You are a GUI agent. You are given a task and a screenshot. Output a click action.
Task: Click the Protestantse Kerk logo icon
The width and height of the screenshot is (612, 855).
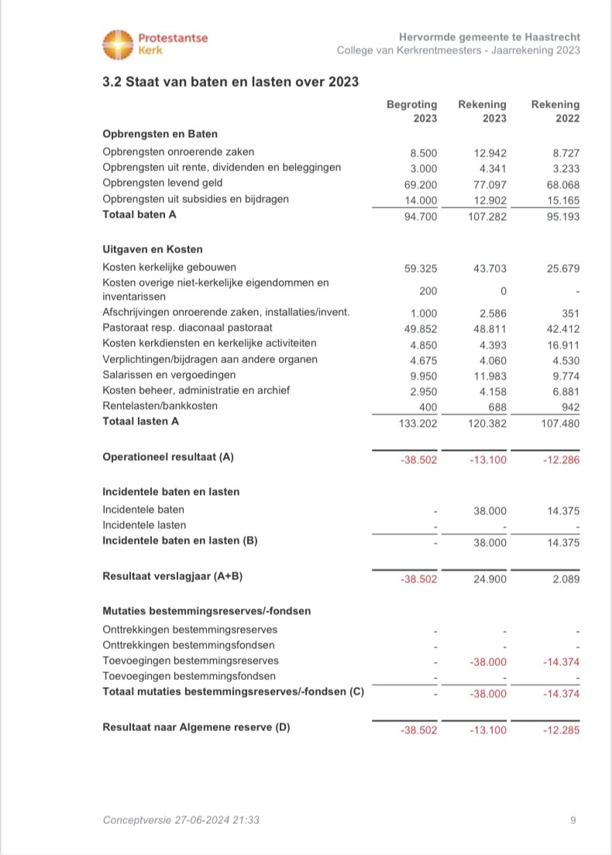tap(119, 44)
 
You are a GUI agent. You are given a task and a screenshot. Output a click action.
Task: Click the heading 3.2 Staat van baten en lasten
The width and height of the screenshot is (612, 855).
tap(230, 81)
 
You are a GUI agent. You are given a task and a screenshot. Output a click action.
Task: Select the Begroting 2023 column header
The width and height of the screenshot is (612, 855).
tap(412, 111)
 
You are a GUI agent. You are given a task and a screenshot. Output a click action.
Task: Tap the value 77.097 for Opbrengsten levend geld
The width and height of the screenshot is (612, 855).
tap(490, 184)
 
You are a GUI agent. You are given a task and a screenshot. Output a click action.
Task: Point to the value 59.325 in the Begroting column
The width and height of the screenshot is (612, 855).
tap(421, 268)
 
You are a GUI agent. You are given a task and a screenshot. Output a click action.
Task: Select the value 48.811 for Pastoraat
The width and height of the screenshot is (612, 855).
tap(490, 328)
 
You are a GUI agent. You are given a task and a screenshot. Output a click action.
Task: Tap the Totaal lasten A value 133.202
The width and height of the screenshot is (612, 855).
tap(418, 423)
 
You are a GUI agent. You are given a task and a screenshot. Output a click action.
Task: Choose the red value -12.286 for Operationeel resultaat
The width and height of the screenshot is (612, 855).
tap(561, 459)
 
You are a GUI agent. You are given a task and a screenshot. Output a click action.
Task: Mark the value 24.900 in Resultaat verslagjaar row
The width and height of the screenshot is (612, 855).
tap(490, 578)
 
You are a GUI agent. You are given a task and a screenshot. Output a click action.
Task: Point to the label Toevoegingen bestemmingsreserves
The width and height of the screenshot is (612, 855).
tap(191, 661)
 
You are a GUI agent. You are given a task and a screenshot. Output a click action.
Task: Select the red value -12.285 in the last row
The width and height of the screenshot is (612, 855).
tap(561, 730)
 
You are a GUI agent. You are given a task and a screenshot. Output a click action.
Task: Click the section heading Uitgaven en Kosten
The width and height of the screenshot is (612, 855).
tap(153, 249)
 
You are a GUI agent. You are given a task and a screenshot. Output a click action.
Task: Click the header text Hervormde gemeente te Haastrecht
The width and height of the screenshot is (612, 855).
tap(490, 37)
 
